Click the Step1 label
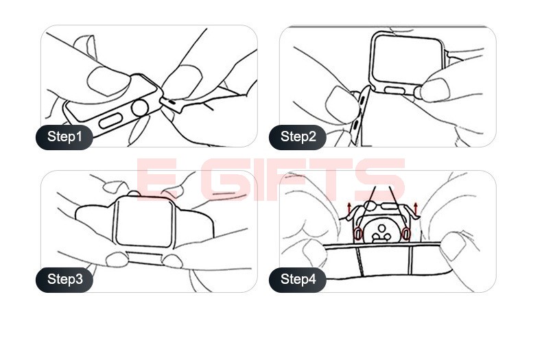coord(64,137)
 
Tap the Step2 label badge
coord(298,137)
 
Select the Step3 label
coord(64,280)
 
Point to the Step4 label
coord(298,280)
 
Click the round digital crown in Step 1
coord(141,108)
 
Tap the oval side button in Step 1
coord(111,120)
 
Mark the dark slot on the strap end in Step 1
coord(172,101)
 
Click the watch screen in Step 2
coord(408,60)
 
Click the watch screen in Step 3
coord(143,222)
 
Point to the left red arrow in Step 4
coord(349,208)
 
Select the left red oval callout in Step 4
coord(358,234)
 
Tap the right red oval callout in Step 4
coord(405,234)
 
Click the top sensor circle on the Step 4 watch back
coord(381,228)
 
